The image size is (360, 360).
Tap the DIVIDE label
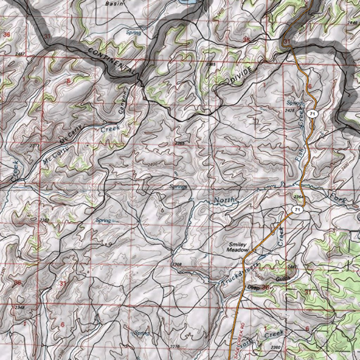[x=242, y=75]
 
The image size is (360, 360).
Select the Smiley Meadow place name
[x=238, y=247]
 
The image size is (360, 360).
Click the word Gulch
[x=283, y=278]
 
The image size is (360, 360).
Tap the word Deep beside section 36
[x=253, y=288]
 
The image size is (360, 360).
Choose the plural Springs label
[x=178, y=187]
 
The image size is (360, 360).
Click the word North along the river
[x=224, y=200]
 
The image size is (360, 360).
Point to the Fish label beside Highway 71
[x=300, y=154]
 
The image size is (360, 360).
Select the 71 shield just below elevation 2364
[x=297, y=210]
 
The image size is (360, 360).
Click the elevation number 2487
[x=20, y=54]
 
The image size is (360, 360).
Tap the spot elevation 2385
[x=211, y=64]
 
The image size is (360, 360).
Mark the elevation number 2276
[x=175, y=347]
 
